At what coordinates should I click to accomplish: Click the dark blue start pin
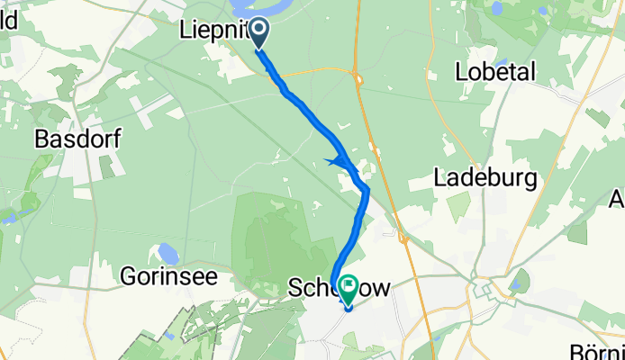tap(258, 33)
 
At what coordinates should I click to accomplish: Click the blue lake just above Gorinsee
tap(168, 253)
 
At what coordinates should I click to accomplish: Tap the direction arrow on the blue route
tap(337, 161)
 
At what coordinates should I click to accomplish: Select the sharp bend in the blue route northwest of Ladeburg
tap(366, 188)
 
